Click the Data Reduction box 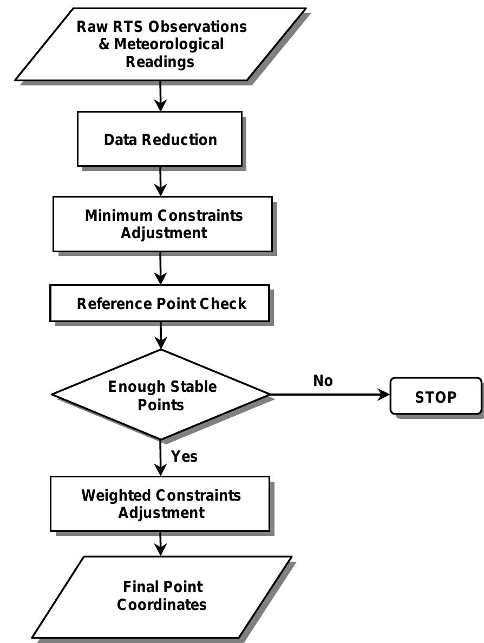coord(160,139)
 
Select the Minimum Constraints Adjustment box coord(162,224)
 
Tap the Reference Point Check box coord(160,304)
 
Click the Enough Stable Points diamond coord(161,395)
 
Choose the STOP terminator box coord(435,397)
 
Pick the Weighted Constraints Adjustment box coord(160,503)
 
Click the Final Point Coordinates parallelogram coord(162,596)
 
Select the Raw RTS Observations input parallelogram coord(160,44)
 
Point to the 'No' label coord(323,381)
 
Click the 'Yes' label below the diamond coord(184,456)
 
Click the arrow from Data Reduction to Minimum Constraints coord(161,181)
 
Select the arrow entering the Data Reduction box coord(160,96)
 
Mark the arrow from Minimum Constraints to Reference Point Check coord(161,268)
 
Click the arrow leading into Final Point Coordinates coord(161,543)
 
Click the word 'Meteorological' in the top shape coord(169,44)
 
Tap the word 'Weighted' coord(116,495)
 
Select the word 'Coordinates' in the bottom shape coord(162,605)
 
